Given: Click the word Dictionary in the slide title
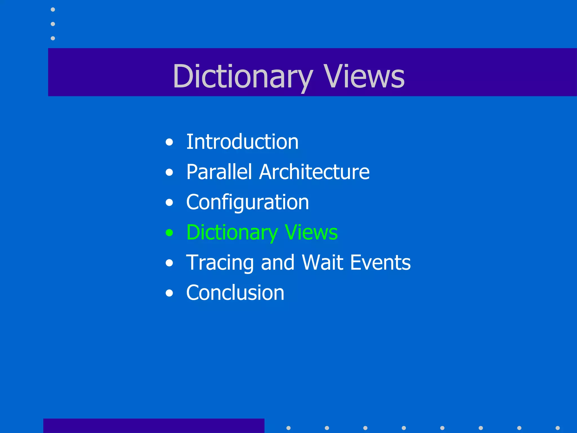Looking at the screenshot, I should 243,76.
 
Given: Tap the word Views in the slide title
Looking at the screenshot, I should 364,76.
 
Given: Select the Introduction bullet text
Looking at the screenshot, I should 242,142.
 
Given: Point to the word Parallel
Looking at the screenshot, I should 219,172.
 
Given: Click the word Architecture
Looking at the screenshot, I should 314,172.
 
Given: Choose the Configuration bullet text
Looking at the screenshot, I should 247,202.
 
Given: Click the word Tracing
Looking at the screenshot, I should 220,262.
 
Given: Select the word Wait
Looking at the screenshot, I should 323,262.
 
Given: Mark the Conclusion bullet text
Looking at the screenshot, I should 235,293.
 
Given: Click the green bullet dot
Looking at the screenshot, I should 169,233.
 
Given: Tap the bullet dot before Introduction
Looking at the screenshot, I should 169,142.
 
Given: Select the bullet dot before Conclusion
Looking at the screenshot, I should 169,293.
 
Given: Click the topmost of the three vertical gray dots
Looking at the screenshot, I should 53,10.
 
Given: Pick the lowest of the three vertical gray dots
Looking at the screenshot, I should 53,38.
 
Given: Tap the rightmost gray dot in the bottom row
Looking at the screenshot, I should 558,428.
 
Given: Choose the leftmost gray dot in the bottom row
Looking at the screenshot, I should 288,428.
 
